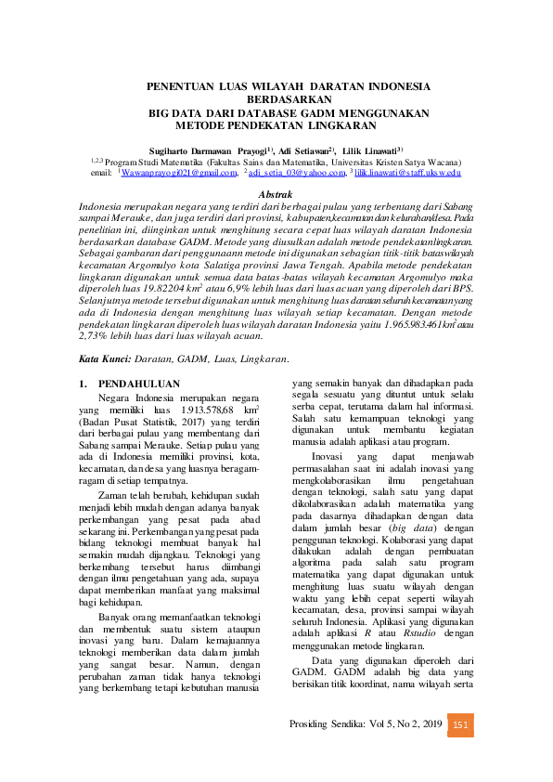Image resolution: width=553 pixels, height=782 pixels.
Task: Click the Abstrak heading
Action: [275, 193]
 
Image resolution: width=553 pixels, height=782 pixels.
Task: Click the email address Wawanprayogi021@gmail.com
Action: [176, 173]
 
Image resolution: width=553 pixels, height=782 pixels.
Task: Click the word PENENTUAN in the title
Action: [180, 86]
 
